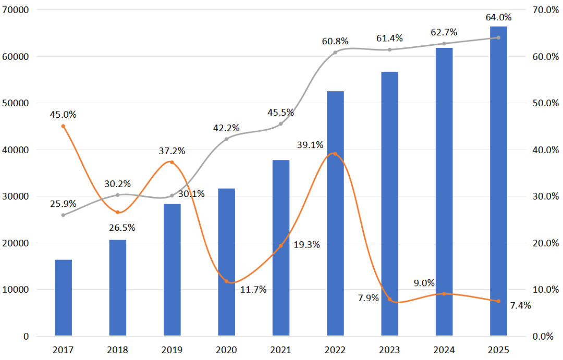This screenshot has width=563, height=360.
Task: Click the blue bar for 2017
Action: click(63, 297)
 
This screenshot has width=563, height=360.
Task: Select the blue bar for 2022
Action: click(335, 213)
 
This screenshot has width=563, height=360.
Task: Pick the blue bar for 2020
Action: click(226, 262)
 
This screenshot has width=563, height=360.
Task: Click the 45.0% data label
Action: click(63, 114)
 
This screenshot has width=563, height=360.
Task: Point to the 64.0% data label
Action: click(498, 18)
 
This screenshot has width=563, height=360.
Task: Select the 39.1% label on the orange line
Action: click(310, 145)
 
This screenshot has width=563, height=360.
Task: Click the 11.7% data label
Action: click(253, 290)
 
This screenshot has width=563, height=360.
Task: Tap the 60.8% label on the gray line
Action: click(335, 41)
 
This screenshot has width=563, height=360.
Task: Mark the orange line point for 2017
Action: click(63, 126)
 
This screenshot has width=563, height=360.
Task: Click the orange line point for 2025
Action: click(498, 301)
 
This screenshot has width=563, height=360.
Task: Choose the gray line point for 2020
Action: click(226, 139)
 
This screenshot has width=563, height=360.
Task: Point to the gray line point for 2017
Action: click(63, 215)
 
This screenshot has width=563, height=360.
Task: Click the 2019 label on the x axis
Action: click(172, 350)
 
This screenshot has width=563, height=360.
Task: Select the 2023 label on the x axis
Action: click(389, 350)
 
